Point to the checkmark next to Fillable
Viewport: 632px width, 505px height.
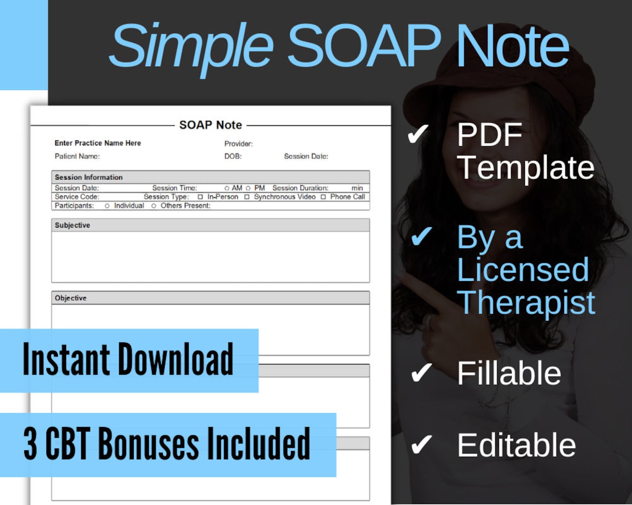pyautogui.click(x=421, y=373)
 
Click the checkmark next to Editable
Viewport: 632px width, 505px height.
pyautogui.click(x=421, y=444)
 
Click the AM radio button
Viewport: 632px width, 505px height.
pyautogui.click(x=227, y=188)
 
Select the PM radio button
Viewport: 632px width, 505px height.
pyautogui.click(x=248, y=188)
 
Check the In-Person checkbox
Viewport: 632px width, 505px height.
pyautogui.click(x=200, y=197)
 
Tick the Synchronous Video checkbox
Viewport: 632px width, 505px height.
pyautogui.click(x=247, y=197)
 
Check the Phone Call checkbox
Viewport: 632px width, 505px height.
pyautogui.click(x=323, y=197)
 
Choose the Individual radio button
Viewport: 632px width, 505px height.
pyautogui.click(x=107, y=206)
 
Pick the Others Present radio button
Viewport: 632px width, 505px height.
pyautogui.click(x=154, y=206)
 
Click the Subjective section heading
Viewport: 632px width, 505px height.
pyautogui.click(x=72, y=225)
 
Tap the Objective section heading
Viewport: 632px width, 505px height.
pyautogui.click(x=70, y=298)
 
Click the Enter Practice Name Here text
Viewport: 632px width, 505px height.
pyautogui.click(x=98, y=143)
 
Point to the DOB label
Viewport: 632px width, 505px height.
pyautogui.click(x=233, y=156)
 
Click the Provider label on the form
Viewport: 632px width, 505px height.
pyautogui.click(x=238, y=144)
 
